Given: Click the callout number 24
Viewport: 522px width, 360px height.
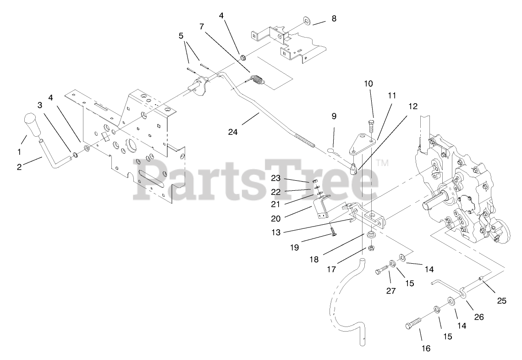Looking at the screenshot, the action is pyautogui.click(x=233, y=133).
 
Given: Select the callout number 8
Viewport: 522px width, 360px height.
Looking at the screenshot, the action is pyautogui.click(x=333, y=19).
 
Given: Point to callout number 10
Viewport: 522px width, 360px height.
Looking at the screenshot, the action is pyautogui.click(x=368, y=83).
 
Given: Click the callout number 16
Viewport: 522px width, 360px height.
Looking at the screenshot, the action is pyautogui.click(x=426, y=349).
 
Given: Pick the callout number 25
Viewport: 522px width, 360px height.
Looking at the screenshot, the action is pyautogui.click(x=502, y=301).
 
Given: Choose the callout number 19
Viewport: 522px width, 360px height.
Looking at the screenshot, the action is pyautogui.click(x=294, y=247).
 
